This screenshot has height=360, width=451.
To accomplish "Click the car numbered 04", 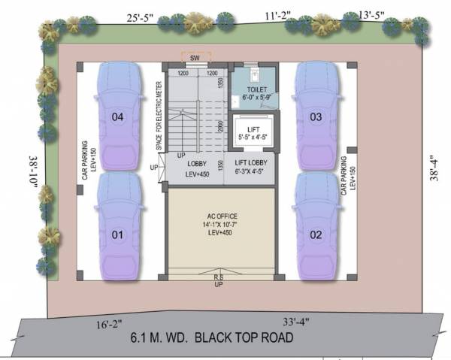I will pyautogui.click(x=117, y=116).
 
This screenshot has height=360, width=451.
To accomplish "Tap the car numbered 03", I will pyautogui.click(x=316, y=116).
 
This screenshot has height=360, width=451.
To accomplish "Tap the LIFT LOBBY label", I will pyautogui.click(x=253, y=167).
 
